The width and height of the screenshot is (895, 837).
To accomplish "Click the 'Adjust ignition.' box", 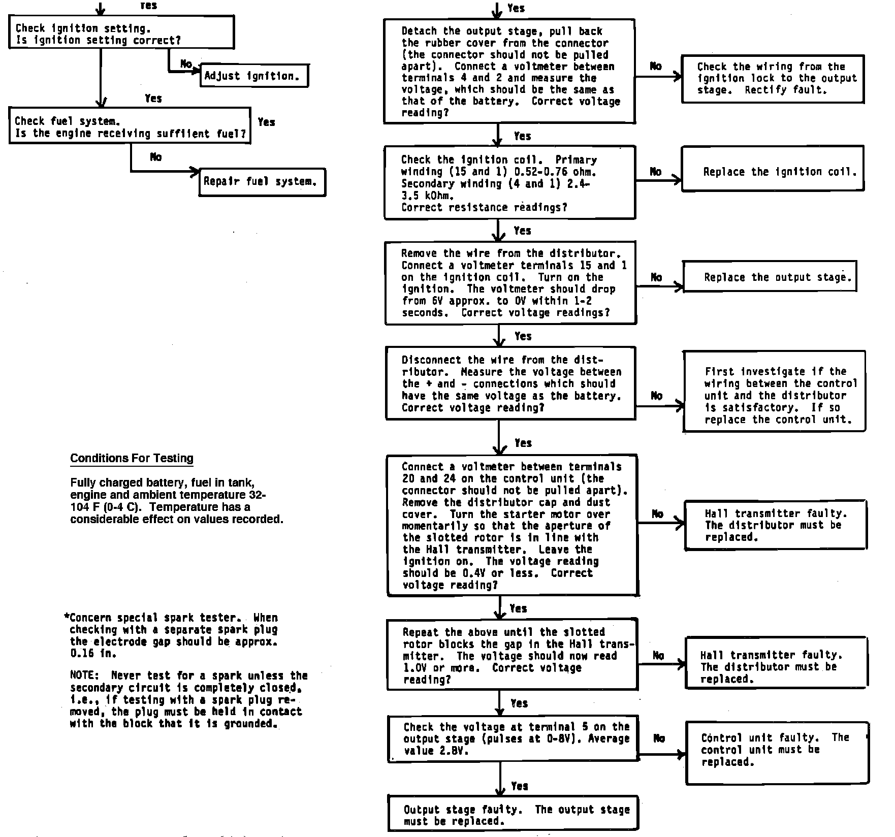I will click(x=254, y=76).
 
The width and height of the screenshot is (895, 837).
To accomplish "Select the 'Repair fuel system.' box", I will click(x=262, y=182).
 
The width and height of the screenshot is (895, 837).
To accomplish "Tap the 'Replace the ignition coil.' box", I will click(x=772, y=169).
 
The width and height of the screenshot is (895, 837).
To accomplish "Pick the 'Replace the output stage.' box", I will click(x=770, y=277).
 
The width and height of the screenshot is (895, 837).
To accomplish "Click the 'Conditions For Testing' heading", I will click(x=132, y=458).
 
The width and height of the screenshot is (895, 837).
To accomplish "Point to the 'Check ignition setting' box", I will click(x=121, y=32).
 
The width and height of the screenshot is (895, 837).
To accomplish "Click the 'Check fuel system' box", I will click(x=130, y=125).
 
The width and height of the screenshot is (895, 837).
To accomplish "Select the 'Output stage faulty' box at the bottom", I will click(x=513, y=813).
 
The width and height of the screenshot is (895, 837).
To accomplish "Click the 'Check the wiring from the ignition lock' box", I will click(x=772, y=79).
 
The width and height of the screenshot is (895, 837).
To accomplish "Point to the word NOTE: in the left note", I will click(x=82, y=676).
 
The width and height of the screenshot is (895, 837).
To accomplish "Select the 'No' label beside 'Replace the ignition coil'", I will click(x=656, y=172).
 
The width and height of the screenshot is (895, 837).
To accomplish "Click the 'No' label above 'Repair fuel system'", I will click(x=156, y=157).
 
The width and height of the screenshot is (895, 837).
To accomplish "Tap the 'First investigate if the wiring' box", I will click(x=774, y=391).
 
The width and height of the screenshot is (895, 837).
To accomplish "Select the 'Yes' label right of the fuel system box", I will click(x=266, y=122).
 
